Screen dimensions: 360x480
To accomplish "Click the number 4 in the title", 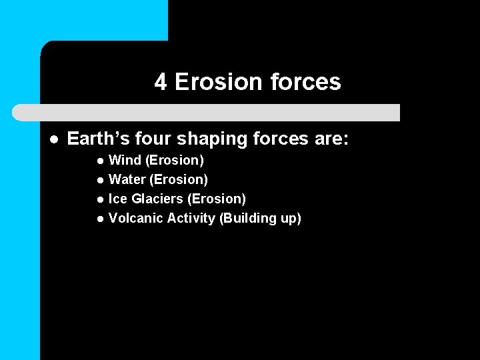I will tap(161, 82).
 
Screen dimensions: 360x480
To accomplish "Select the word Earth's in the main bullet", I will tap(93, 139).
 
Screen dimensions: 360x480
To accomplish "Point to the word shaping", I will tap(199, 140).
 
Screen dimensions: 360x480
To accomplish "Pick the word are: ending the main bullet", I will tap(331, 139).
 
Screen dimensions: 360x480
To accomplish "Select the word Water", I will tap(125, 179).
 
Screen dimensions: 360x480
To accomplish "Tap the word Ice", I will tap(117, 199).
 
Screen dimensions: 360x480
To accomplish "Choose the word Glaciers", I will tap(157, 199).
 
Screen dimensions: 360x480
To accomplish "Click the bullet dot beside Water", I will tap(99, 180).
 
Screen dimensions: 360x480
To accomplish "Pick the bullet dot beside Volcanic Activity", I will tap(99, 219).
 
